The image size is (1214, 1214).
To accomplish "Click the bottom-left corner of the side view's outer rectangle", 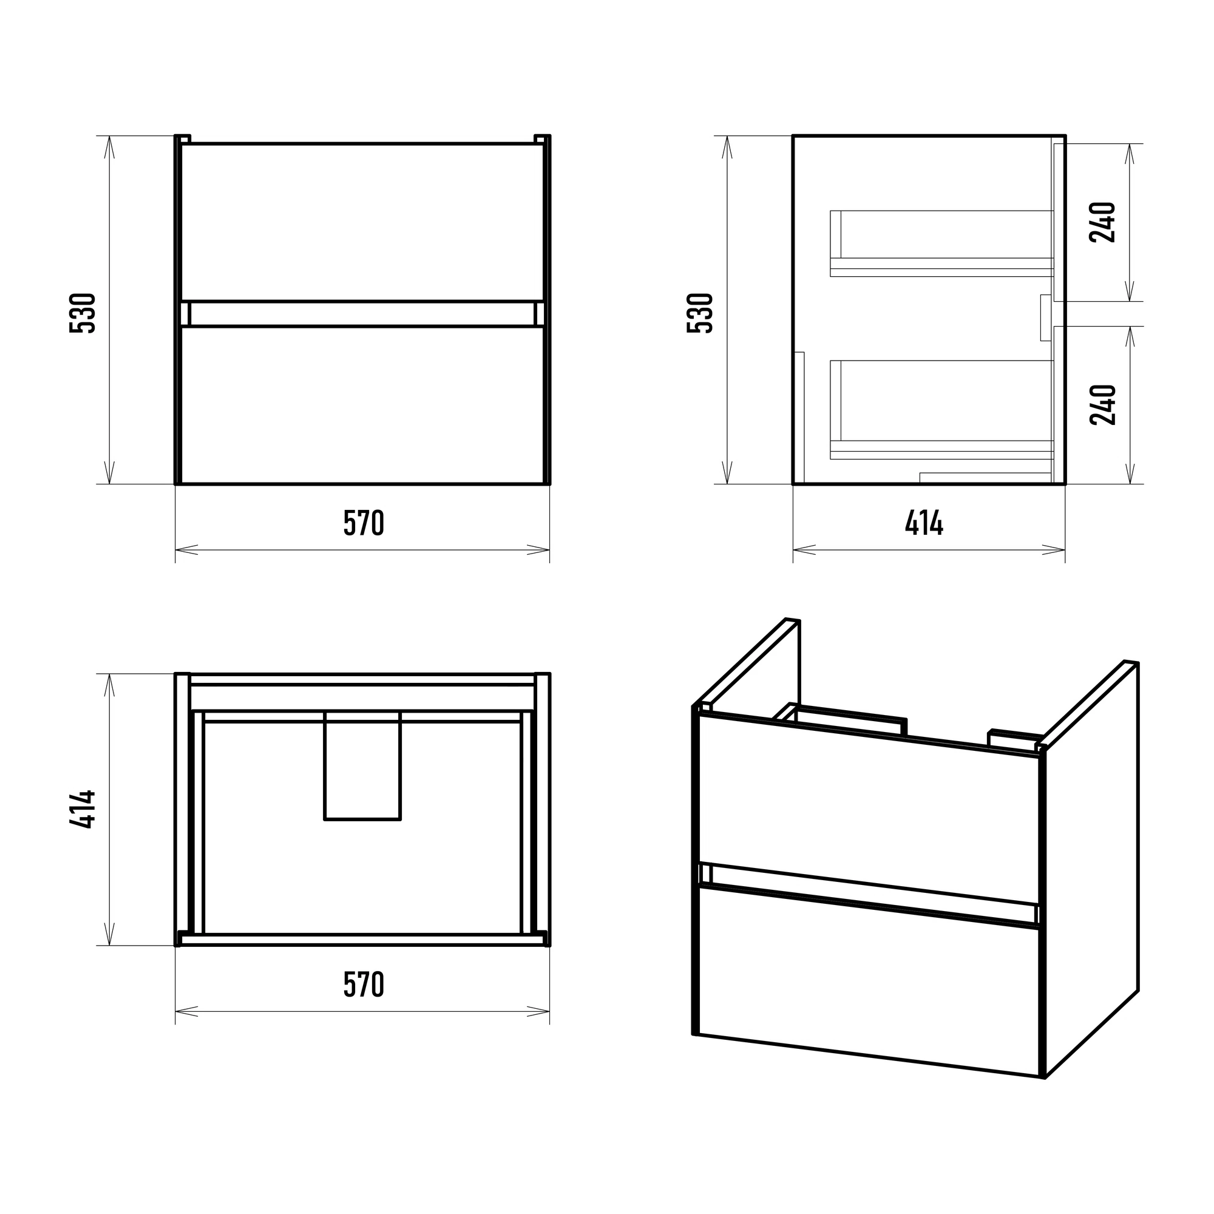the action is (793, 484).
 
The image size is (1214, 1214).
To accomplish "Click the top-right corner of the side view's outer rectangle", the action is (1065, 136).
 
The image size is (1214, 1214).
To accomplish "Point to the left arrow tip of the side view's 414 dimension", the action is (793, 550).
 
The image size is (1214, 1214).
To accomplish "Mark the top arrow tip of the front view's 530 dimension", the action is (110, 137).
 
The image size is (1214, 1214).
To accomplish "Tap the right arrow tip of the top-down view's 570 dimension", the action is (549, 1011).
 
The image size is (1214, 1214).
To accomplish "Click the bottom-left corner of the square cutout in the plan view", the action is (325, 819).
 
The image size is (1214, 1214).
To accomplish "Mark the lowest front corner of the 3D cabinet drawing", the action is (1044, 1078).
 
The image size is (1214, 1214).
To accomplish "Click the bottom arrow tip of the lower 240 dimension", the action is (1130, 484).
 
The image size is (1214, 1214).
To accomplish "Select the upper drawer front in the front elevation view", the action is (362, 223).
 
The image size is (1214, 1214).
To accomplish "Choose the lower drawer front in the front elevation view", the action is (362, 405).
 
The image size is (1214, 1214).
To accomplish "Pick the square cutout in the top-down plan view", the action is (362, 765).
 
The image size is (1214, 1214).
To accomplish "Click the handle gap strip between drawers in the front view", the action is (362, 314).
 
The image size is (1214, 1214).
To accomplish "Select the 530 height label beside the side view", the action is (700, 313).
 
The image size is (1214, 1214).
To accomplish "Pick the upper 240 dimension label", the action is (1103, 222).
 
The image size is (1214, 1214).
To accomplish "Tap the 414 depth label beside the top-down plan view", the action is (83, 809).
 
